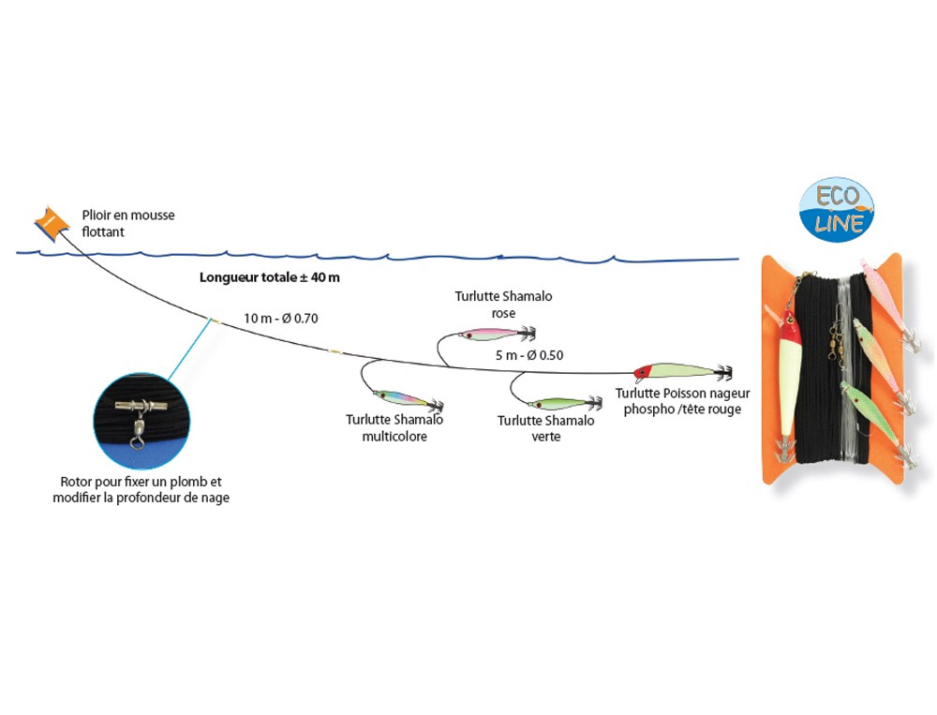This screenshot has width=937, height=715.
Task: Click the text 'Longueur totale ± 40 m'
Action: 270,278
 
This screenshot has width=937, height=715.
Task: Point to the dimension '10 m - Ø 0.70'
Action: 281,319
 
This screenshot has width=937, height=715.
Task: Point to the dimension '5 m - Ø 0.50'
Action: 528,355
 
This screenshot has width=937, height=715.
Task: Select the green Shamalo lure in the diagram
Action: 558,404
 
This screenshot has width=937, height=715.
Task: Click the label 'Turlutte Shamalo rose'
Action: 503,305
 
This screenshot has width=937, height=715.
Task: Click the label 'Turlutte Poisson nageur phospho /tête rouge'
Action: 682,401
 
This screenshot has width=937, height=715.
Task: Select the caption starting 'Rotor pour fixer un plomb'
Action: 141,490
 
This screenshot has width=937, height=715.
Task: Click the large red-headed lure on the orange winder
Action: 790,375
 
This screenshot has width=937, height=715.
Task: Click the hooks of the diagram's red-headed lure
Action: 721,372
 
